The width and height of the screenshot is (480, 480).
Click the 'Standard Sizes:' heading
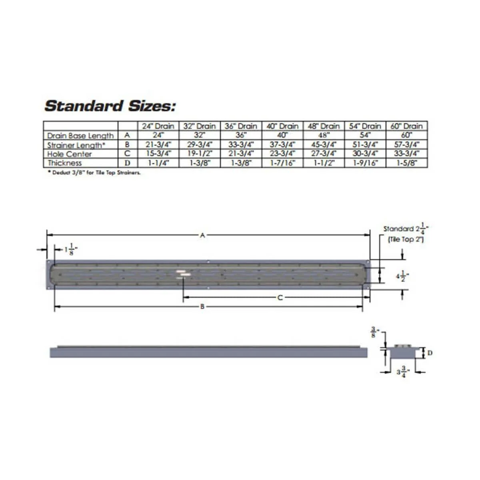pyautogui.click(x=110, y=106)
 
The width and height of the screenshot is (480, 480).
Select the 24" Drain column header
pyautogui.click(x=158, y=126)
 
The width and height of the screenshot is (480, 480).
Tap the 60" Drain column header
pyautogui.click(x=406, y=126)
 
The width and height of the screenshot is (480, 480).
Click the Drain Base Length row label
pyautogui.click(x=80, y=136)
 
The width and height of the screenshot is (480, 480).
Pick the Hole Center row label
pyautogui.click(x=70, y=154)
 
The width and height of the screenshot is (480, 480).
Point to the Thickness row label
pyautogui.click(x=65, y=163)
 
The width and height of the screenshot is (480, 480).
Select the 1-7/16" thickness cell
pyautogui.click(x=282, y=163)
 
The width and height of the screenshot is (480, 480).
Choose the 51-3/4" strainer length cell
pyautogui.click(x=365, y=145)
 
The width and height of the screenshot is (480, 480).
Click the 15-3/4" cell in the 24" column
pyautogui.click(x=158, y=154)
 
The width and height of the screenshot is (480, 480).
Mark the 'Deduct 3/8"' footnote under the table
pyautogui.click(x=94, y=173)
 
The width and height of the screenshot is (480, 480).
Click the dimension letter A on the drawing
pyautogui.click(x=203, y=236)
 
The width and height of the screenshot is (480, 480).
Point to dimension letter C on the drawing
pyautogui.click(x=280, y=298)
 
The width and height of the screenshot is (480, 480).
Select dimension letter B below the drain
pyautogui.click(x=202, y=307)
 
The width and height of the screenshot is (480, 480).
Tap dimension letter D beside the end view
pyautogui.click(x=430, y=353)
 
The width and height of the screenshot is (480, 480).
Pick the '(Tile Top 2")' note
pyautogui.click(x=406, y=239)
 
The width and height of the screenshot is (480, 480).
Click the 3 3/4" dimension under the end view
pyautogui.click(x=402, y=373)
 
